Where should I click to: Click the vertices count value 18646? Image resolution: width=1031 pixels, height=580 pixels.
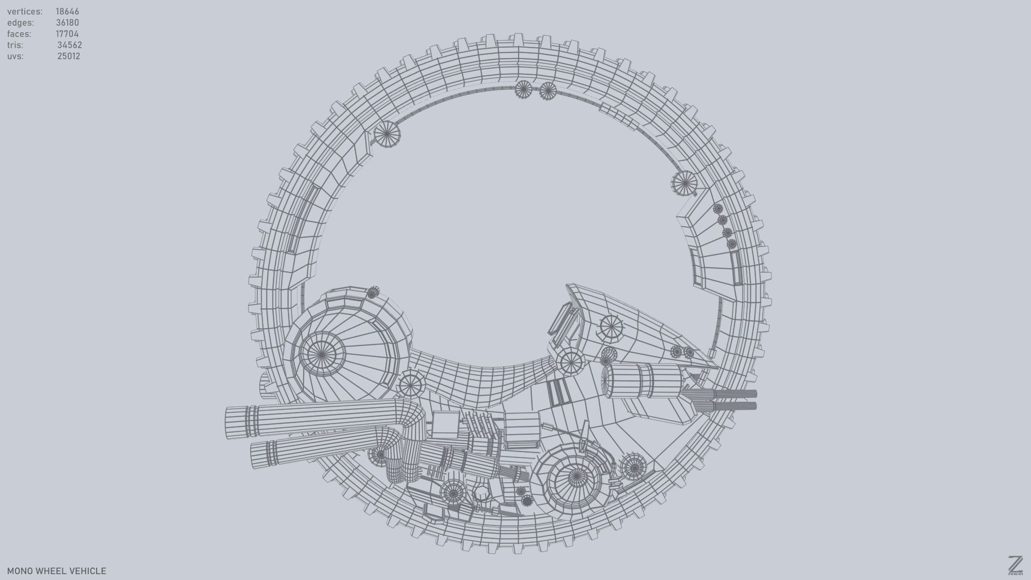click(67, 11)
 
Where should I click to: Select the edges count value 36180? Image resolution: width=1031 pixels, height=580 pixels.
click(67, 23)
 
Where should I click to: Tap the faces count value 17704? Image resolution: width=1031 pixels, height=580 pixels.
click(67, 34)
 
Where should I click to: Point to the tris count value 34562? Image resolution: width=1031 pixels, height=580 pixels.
click(69, 45)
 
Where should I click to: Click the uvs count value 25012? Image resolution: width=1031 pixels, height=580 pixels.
click(68, 56)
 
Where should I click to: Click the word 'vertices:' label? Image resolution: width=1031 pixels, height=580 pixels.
click(25, 11)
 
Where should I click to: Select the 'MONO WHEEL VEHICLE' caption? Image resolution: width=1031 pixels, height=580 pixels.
click(56, 571)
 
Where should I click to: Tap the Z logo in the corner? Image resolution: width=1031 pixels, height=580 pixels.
click(1015, 565)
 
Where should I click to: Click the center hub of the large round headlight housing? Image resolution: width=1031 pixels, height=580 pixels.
click(321, 354)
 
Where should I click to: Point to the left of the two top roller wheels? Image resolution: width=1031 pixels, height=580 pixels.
click(523, 89)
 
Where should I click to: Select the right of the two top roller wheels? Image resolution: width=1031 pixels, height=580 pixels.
click(548, 91)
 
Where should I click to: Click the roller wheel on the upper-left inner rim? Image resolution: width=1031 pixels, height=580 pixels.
click(387, 134)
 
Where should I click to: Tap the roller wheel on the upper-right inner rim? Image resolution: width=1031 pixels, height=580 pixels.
click(684, 184)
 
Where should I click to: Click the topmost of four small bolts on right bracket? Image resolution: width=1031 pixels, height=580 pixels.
click(717, 208)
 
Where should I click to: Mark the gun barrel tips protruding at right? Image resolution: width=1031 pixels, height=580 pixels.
click(752, 400)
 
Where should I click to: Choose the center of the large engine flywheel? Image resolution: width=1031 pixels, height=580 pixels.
click(576, 476)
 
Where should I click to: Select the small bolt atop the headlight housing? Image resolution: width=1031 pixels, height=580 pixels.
click(373, 293)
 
